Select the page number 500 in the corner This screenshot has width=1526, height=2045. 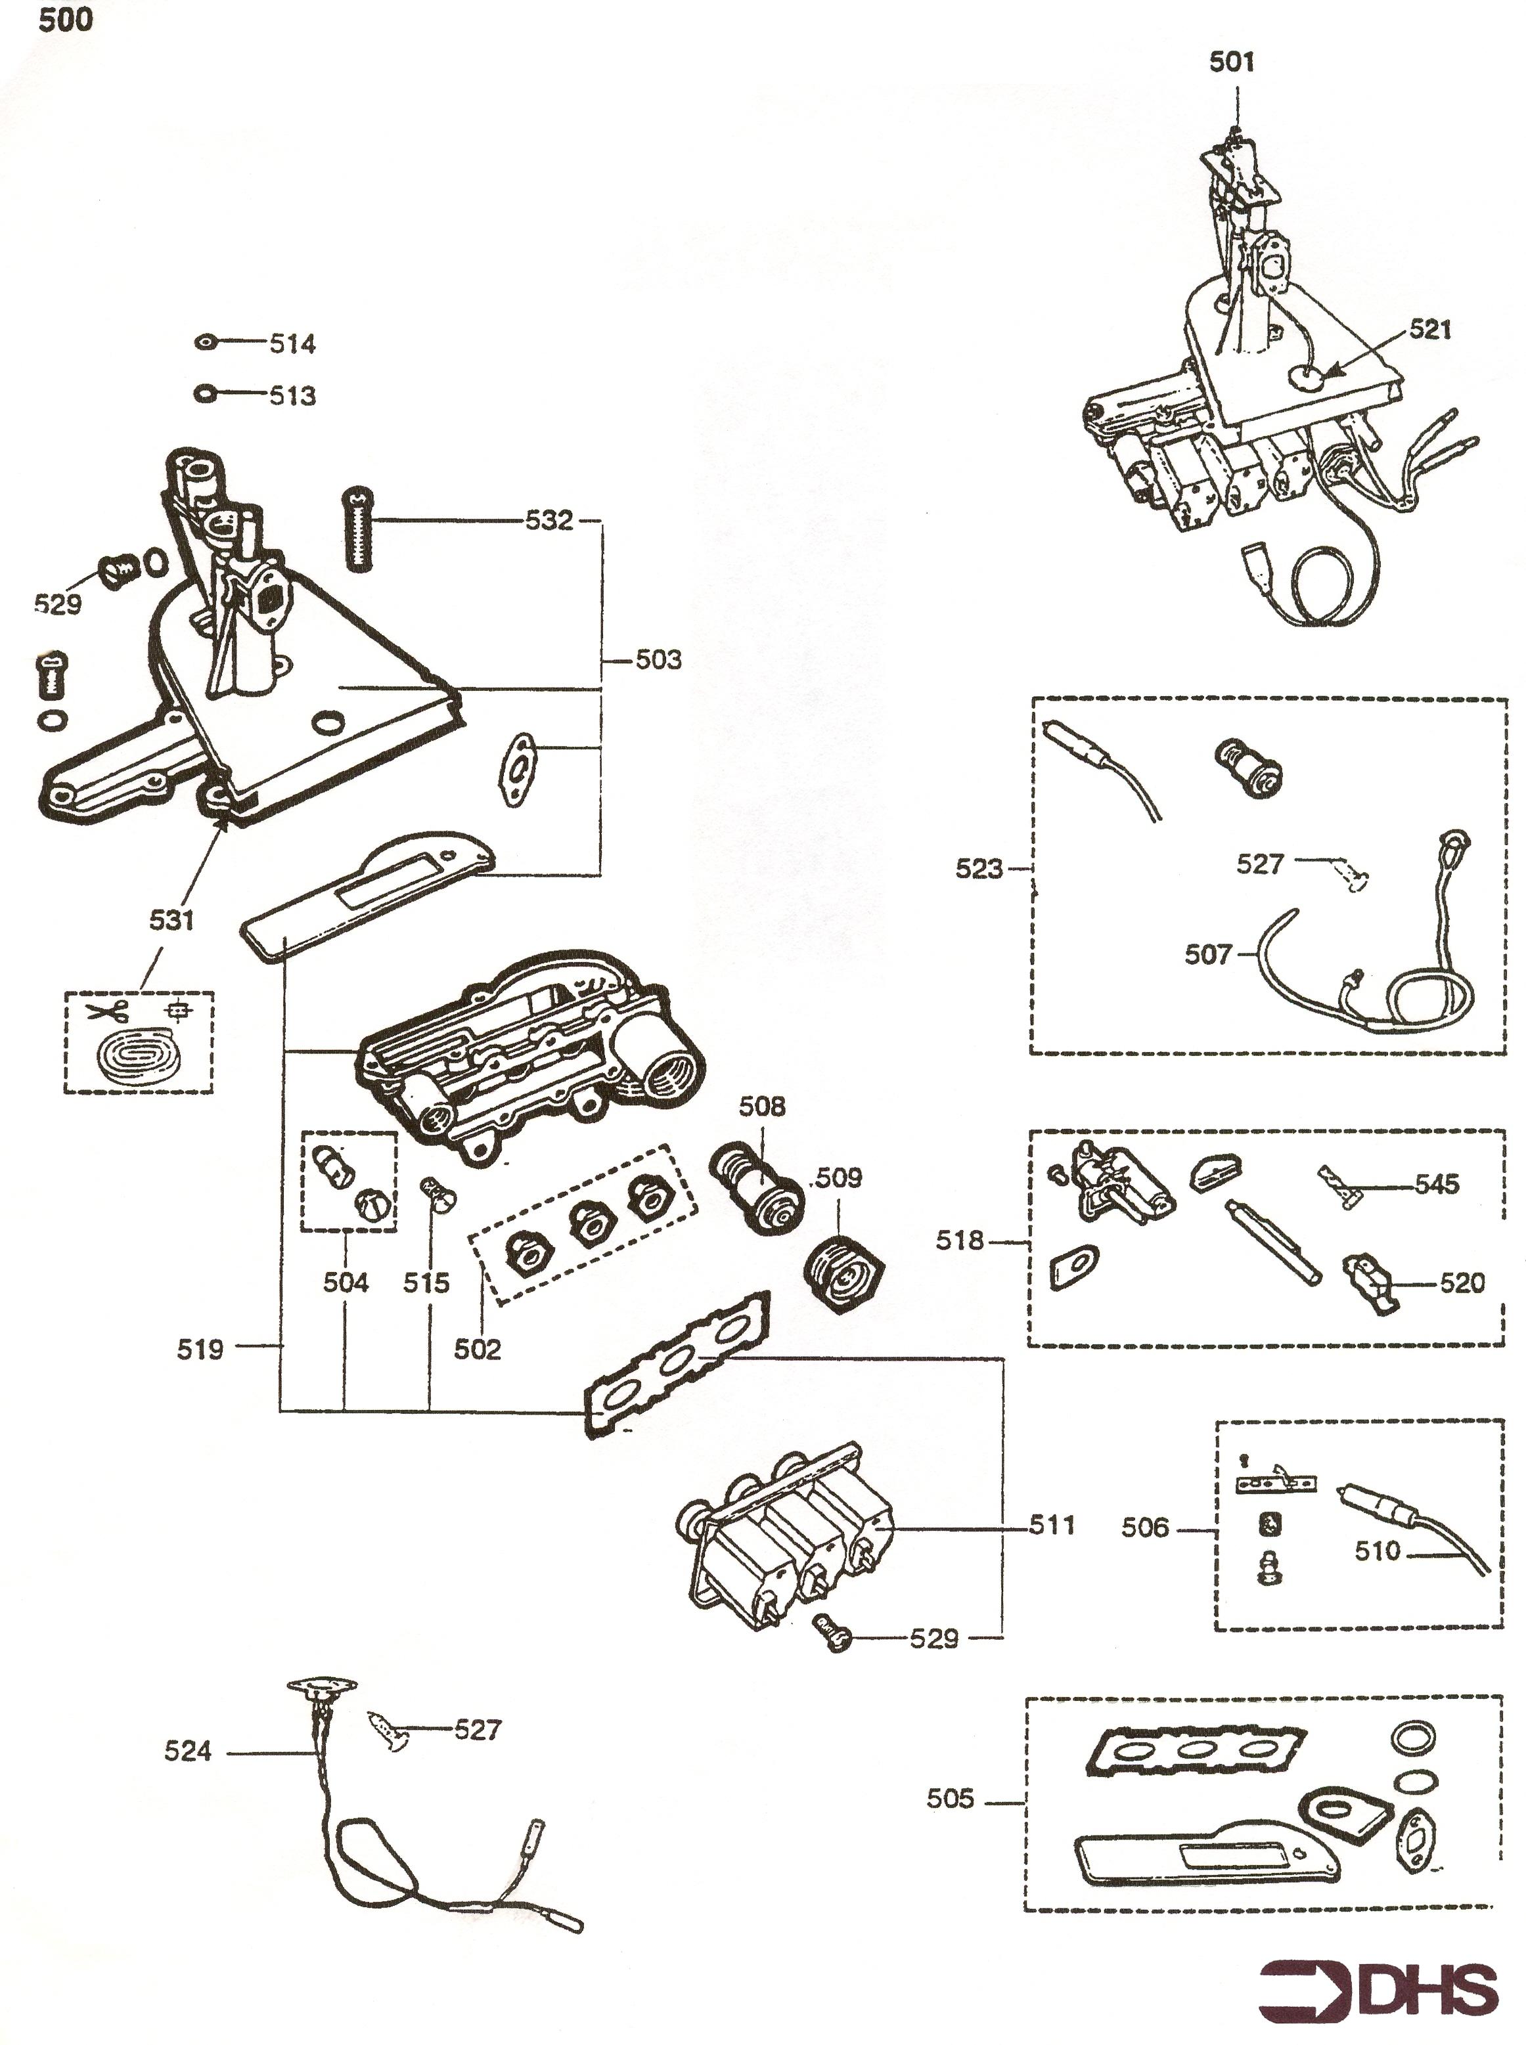(64, 20)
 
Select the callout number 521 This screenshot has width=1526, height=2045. (1430, 330)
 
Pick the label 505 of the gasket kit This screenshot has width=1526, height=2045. (951, 1799)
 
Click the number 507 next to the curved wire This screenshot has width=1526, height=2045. (1208, 955)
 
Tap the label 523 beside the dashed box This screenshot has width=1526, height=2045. (979, 869)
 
